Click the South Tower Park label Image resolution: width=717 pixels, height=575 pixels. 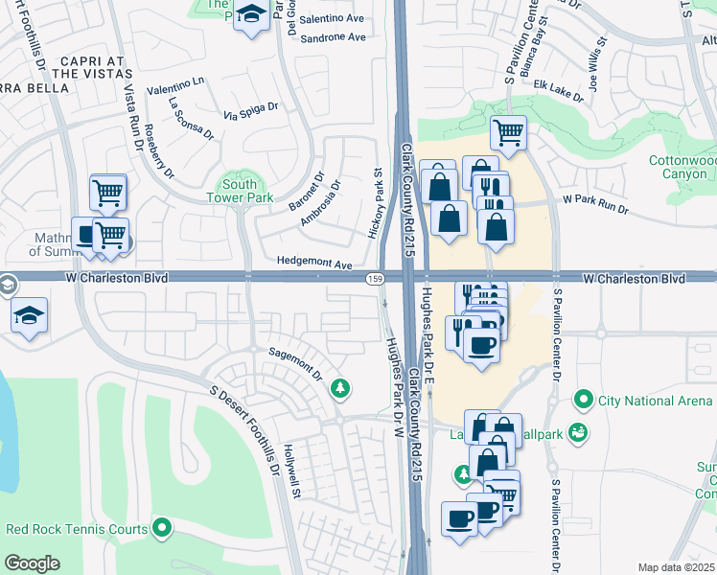(239, 191)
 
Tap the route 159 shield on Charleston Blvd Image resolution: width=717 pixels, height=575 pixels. (376, 278)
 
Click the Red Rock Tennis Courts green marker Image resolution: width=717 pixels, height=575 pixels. (162, 527)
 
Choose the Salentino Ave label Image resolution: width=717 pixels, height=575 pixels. (333, 19)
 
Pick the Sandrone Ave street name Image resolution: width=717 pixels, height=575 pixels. (333, 37)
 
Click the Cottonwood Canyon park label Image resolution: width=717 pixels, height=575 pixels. (682, 167)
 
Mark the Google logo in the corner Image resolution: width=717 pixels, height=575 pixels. (32, 563)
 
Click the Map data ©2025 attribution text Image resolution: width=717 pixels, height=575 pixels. (677, 567)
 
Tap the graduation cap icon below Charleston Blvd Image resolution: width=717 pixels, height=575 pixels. (30, 315)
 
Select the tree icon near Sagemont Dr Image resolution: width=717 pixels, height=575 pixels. (338, 387)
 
